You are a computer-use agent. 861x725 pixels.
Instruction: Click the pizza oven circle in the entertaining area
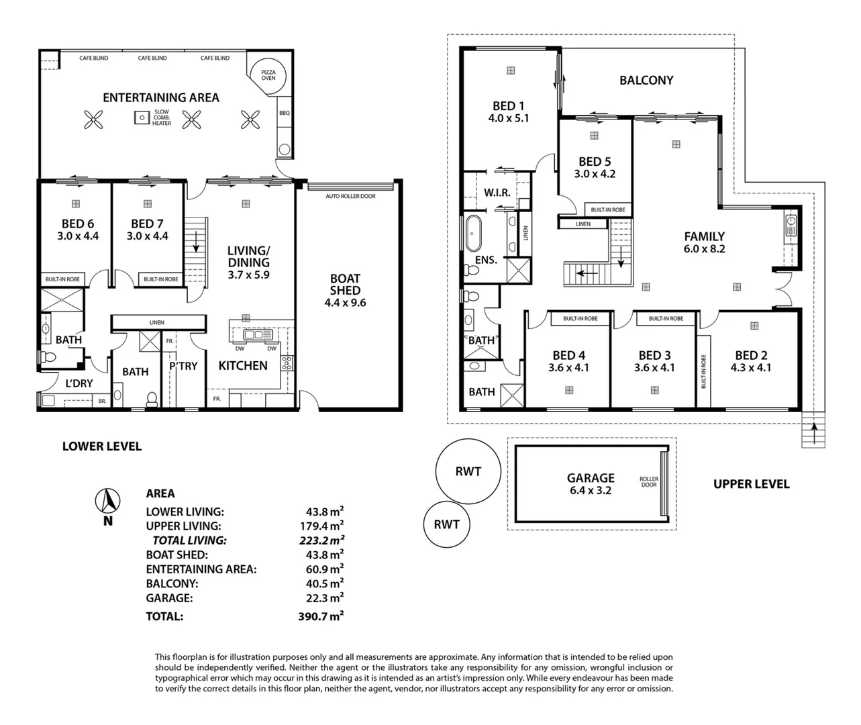[268, 74]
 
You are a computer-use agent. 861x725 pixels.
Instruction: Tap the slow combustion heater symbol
[141, 117]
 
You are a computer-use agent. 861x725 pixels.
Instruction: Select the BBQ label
[284, 113]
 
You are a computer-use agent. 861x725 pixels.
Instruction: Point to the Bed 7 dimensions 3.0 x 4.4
[147, 236]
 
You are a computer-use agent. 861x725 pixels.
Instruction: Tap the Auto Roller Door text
[350, 196]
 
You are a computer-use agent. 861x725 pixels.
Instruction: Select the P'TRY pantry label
[183, 366]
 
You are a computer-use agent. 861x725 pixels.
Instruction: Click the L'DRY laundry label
[79, 383]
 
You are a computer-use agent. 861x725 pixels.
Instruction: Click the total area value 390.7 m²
[321, 616]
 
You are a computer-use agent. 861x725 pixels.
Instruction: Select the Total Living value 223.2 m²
[321, 540]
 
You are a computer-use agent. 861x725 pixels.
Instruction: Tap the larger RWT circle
[468, 471]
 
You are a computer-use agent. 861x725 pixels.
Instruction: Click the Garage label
[591, 478]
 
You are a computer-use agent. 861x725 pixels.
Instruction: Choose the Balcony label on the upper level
[646, 80]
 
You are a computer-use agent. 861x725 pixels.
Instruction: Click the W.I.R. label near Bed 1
[497, 193]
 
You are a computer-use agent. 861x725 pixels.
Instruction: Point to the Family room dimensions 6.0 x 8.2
[704, 248]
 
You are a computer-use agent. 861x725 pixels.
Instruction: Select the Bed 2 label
[750, 355]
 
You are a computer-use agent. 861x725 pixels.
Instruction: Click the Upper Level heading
[751, 484]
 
